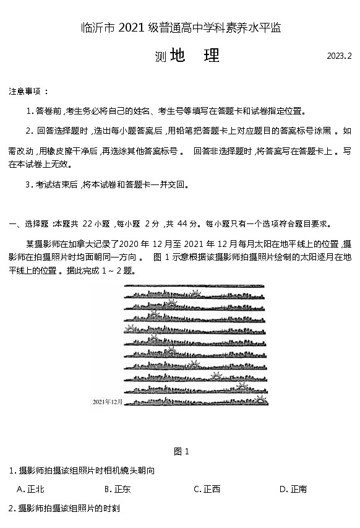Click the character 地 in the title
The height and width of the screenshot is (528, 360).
(x=177, y=56)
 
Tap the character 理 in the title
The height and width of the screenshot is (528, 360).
(x=211, y=56)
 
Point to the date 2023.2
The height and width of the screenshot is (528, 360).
(x=339, y=56)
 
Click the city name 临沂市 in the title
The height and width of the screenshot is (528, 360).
(x=98, y=27)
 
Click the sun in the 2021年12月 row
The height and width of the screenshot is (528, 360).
(x=262, y=400)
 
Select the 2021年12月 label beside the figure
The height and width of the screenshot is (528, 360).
(x=108, y=402)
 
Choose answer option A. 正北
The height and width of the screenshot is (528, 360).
(x=30, y=489)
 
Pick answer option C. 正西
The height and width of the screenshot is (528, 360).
(x=207, y=489)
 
